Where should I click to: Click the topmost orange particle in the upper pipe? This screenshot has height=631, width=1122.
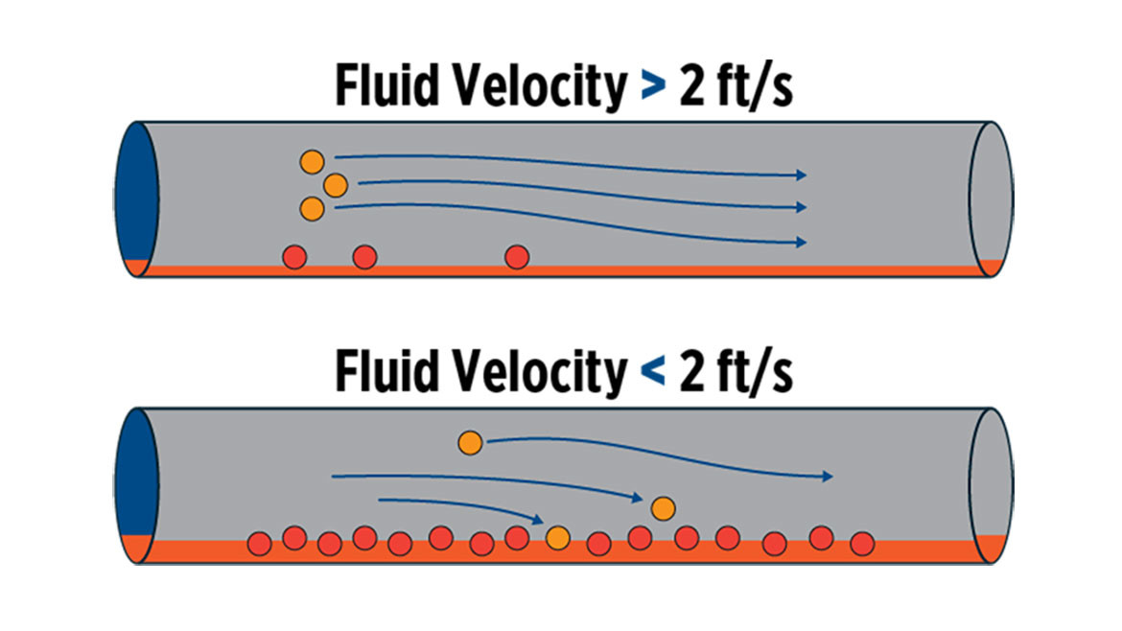coord(311,161)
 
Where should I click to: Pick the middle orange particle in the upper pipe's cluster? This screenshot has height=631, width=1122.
coord(335,184)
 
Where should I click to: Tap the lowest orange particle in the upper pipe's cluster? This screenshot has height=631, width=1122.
coord(311,206)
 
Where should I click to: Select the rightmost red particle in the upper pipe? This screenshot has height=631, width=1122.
coord(517,256)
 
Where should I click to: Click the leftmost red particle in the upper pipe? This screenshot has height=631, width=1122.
coord(293,256)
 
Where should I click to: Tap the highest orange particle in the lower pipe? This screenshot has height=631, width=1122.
coord(470,442)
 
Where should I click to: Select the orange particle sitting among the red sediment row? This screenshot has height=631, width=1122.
coord(557,538)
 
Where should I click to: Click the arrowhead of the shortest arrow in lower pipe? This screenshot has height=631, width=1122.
coord(540,518)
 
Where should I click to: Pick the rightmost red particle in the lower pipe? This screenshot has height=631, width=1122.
coord(862,543)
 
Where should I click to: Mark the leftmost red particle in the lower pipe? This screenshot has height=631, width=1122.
coord(258,543)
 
